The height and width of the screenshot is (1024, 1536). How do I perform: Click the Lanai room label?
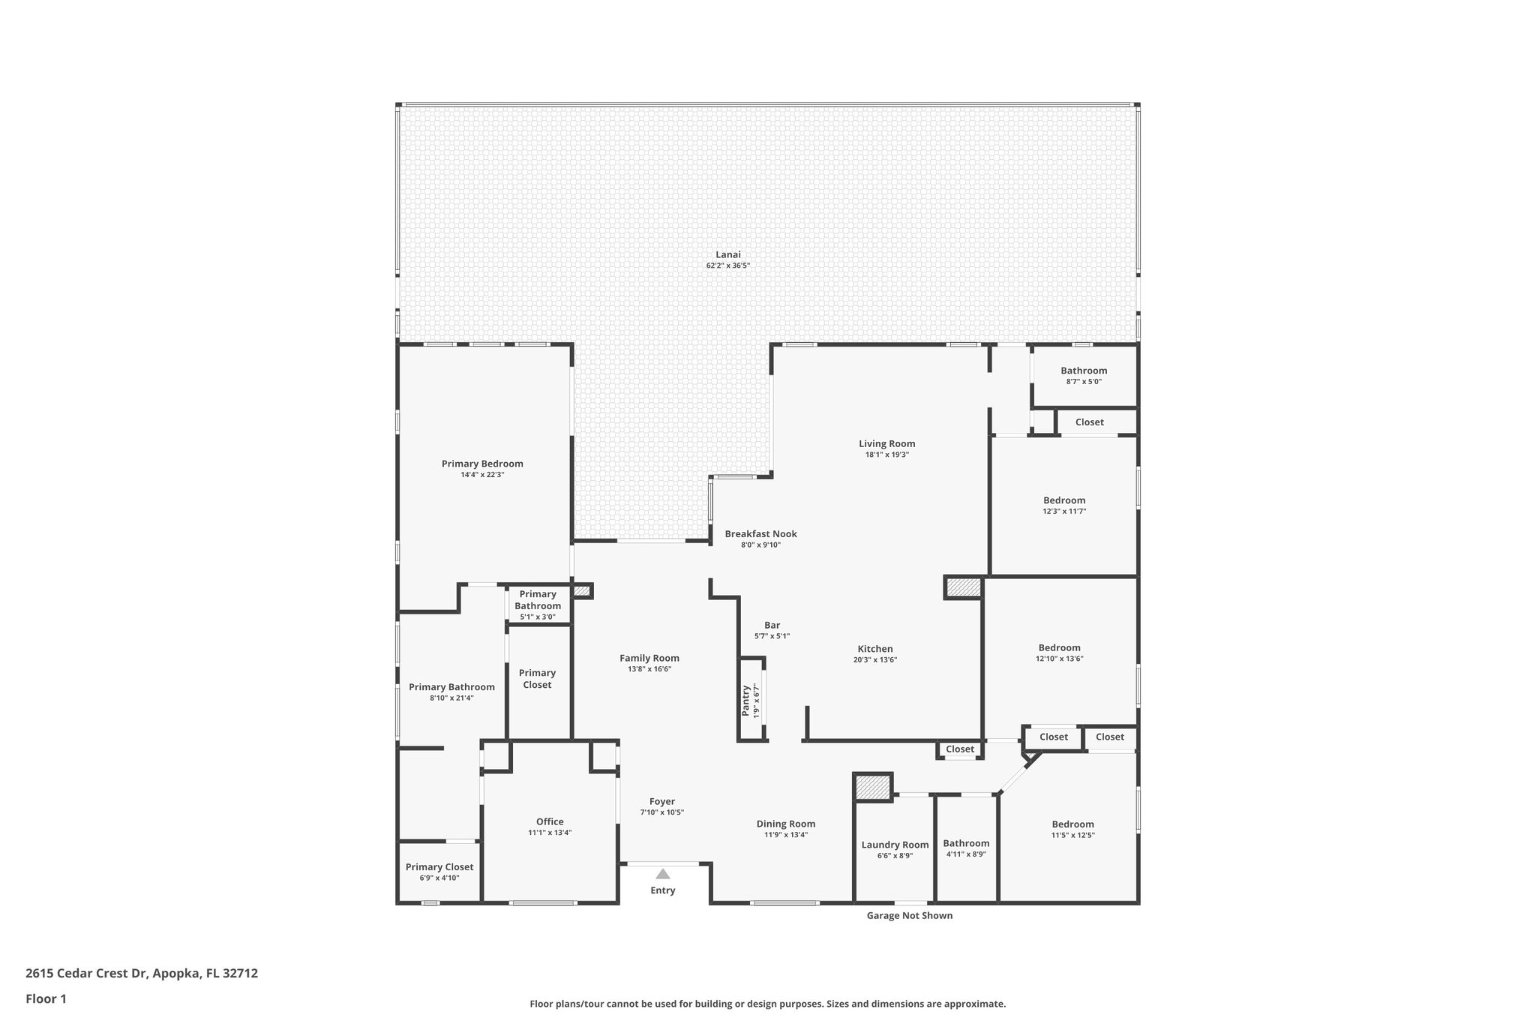[727, 255]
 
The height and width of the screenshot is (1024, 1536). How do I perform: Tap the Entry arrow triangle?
[662, 874]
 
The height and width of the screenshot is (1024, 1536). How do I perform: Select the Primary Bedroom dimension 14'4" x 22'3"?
[482, 475]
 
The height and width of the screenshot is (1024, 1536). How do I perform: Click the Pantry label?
[746, 701]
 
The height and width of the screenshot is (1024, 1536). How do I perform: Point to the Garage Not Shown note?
[909, 915]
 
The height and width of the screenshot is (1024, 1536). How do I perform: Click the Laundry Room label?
[895, 845]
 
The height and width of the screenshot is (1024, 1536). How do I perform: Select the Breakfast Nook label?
[760, 534]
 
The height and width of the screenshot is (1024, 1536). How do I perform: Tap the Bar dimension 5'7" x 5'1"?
[772, 636]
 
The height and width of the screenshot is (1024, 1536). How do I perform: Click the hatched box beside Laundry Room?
[873, 787]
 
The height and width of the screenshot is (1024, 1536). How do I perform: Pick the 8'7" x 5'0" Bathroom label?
[1084, 371]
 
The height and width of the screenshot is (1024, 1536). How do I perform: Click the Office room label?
[550, 821]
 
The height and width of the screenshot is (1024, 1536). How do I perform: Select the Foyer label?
[662, 801]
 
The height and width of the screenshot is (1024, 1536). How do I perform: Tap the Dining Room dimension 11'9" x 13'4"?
[785, 835]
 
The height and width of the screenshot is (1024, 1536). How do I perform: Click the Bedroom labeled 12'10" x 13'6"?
[1059, 648]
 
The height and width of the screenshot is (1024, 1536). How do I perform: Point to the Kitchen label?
[875, 649]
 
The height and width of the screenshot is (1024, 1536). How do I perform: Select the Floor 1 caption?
[46, 998]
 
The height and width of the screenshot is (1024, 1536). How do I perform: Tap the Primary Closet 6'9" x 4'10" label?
[439, 867]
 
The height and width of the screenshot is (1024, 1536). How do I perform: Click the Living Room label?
[886, 443]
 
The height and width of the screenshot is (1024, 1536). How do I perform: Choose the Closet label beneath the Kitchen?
[959, 749]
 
